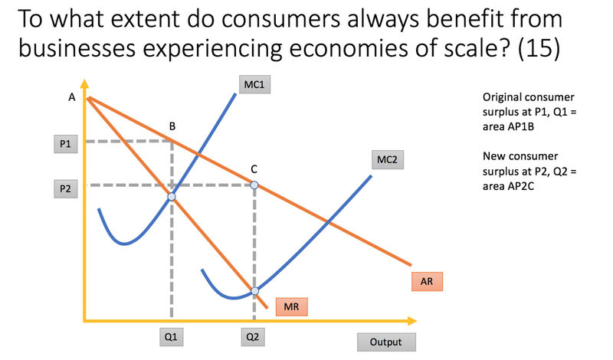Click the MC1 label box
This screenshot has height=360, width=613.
(254, 84)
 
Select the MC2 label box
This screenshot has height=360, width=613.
(388, 159)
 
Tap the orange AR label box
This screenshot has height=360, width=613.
(427, 281)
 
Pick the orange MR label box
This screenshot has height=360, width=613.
(292, 307)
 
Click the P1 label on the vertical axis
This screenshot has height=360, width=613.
(66, 144)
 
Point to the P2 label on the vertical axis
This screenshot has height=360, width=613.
(66, 188)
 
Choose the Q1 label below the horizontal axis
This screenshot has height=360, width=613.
(171, 337)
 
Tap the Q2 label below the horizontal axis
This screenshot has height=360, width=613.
(253, 337)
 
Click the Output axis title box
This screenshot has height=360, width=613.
(386, 342)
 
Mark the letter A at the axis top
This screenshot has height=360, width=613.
(72, 97)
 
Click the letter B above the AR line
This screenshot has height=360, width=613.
(172, 126)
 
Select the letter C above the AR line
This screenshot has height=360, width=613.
(254, 169)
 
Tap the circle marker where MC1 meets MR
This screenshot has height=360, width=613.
(172, 197)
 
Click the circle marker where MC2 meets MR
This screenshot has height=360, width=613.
(255, 291)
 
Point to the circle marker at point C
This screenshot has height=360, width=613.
(254, 185)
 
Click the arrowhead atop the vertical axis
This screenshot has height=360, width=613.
(84, 83)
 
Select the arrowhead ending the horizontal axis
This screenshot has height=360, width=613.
(412, 321)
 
